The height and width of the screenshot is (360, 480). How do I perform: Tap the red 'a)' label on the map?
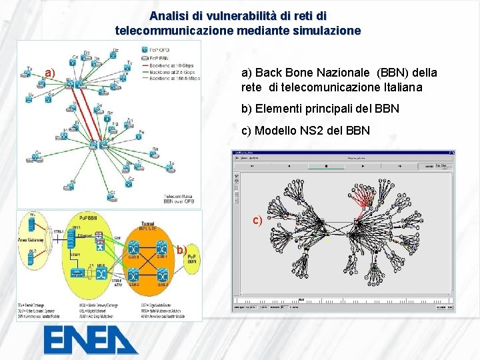point(49,72)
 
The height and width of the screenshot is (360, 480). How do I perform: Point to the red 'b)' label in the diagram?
point(181,250)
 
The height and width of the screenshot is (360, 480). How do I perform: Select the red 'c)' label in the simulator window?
point(257,221)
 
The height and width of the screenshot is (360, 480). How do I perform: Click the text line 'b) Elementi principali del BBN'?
point(320,108)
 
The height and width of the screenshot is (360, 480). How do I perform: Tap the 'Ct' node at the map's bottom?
point(113,196)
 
